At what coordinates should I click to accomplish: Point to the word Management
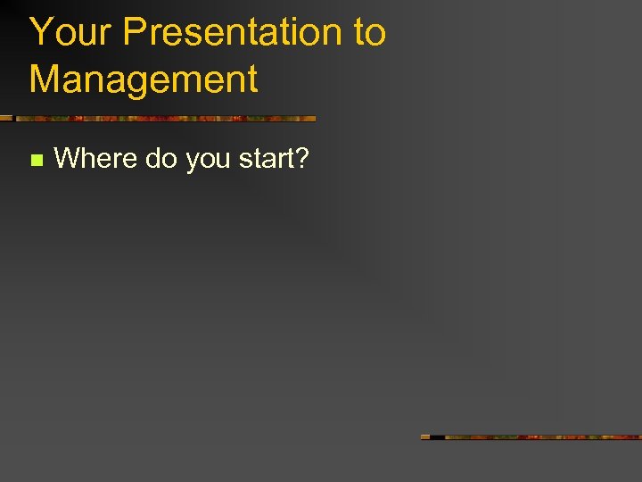pos(144,79)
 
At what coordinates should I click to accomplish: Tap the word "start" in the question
pos(265,159)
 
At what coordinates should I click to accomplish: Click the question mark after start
pos(301,159)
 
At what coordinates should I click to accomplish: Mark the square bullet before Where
pos(36,161)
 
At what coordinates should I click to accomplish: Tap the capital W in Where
pos(68,159)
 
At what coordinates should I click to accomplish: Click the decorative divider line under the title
pos(160,118)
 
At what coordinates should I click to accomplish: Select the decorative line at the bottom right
pos(535,437)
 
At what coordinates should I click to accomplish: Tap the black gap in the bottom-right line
pos(437,437)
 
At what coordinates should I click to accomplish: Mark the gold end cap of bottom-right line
pos(424,437)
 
